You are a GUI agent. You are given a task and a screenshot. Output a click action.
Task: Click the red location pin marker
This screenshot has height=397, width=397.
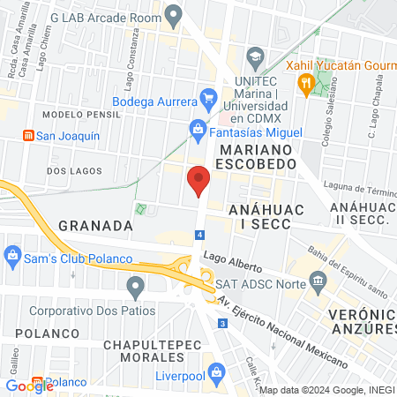pyautogui.click(x=198, y=181)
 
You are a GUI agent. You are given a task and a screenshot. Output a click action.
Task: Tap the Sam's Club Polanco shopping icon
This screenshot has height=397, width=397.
pyautogui.click(x=12, y=258)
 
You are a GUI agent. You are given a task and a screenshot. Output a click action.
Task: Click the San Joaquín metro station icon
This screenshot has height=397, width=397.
pyautogui.click(x=28, y=137)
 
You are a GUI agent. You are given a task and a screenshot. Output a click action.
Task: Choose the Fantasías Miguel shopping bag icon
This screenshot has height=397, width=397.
pyautogui.click(x=198, y=130)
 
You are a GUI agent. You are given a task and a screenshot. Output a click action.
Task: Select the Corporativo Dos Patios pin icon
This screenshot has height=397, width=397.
pyautogui.click(x=135, y=286)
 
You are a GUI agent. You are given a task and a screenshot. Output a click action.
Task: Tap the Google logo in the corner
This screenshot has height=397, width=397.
pyautogui.click(x=29, y=386)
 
